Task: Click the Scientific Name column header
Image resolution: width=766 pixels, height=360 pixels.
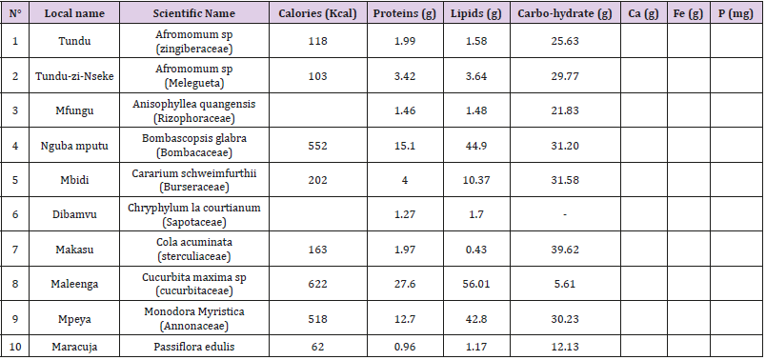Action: (194, 14)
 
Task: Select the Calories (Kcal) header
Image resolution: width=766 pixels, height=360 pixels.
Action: (316, 14)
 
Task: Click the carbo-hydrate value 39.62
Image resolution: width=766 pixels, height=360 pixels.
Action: (565, 249)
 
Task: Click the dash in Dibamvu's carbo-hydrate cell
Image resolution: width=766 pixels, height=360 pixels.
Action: (565, 214)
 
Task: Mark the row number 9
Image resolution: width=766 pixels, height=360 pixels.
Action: (14, 318)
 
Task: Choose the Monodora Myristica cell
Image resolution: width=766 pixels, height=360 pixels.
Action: (194, 311)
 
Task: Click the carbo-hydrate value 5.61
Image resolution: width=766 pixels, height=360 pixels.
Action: (565, 283)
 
